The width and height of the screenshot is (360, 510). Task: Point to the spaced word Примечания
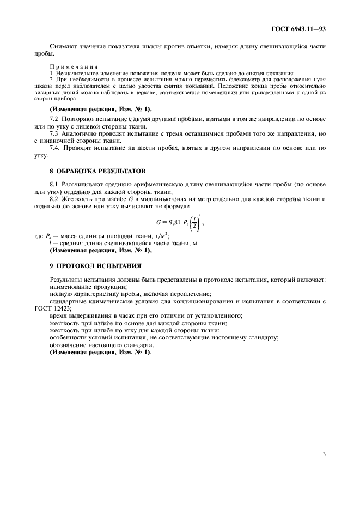tap(69, 66)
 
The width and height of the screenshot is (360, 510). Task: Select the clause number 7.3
tap(54, 133)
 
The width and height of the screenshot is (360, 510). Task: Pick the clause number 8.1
tap(54, 186)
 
